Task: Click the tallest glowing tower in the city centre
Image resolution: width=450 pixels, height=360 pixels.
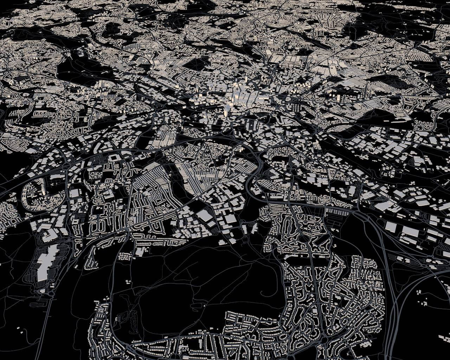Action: [x=225, y=112]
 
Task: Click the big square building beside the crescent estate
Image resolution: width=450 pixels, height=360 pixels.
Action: [x=75, y=193]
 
